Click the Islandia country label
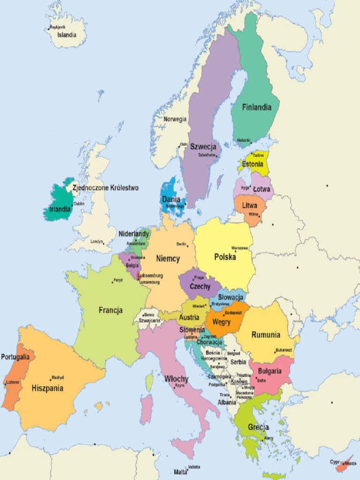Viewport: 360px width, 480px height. click(67, 35)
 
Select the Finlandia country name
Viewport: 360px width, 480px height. click(256, 107)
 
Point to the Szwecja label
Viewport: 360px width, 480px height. click(203, 146)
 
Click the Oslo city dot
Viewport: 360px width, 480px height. click(179, 145)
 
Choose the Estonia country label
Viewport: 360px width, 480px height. click(252, 164)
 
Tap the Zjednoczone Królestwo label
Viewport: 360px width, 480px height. click(105, 187)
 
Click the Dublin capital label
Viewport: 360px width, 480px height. click(79, 203)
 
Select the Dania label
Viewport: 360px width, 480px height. click(171, 199)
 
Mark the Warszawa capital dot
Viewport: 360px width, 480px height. click(232, 249)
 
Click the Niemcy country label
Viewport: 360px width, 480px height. click(168, 259)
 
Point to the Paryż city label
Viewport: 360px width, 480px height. click(118, 280)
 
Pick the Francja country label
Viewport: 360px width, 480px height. click(111, 310)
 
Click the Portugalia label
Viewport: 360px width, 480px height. click(15, 357)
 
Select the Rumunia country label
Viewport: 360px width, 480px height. click(266, 335)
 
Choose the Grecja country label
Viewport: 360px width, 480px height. click(258, 427)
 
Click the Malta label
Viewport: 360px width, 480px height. click(180, 472)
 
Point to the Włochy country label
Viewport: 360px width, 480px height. click(176, 379)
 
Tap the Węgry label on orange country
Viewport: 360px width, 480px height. click(221, 322)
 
